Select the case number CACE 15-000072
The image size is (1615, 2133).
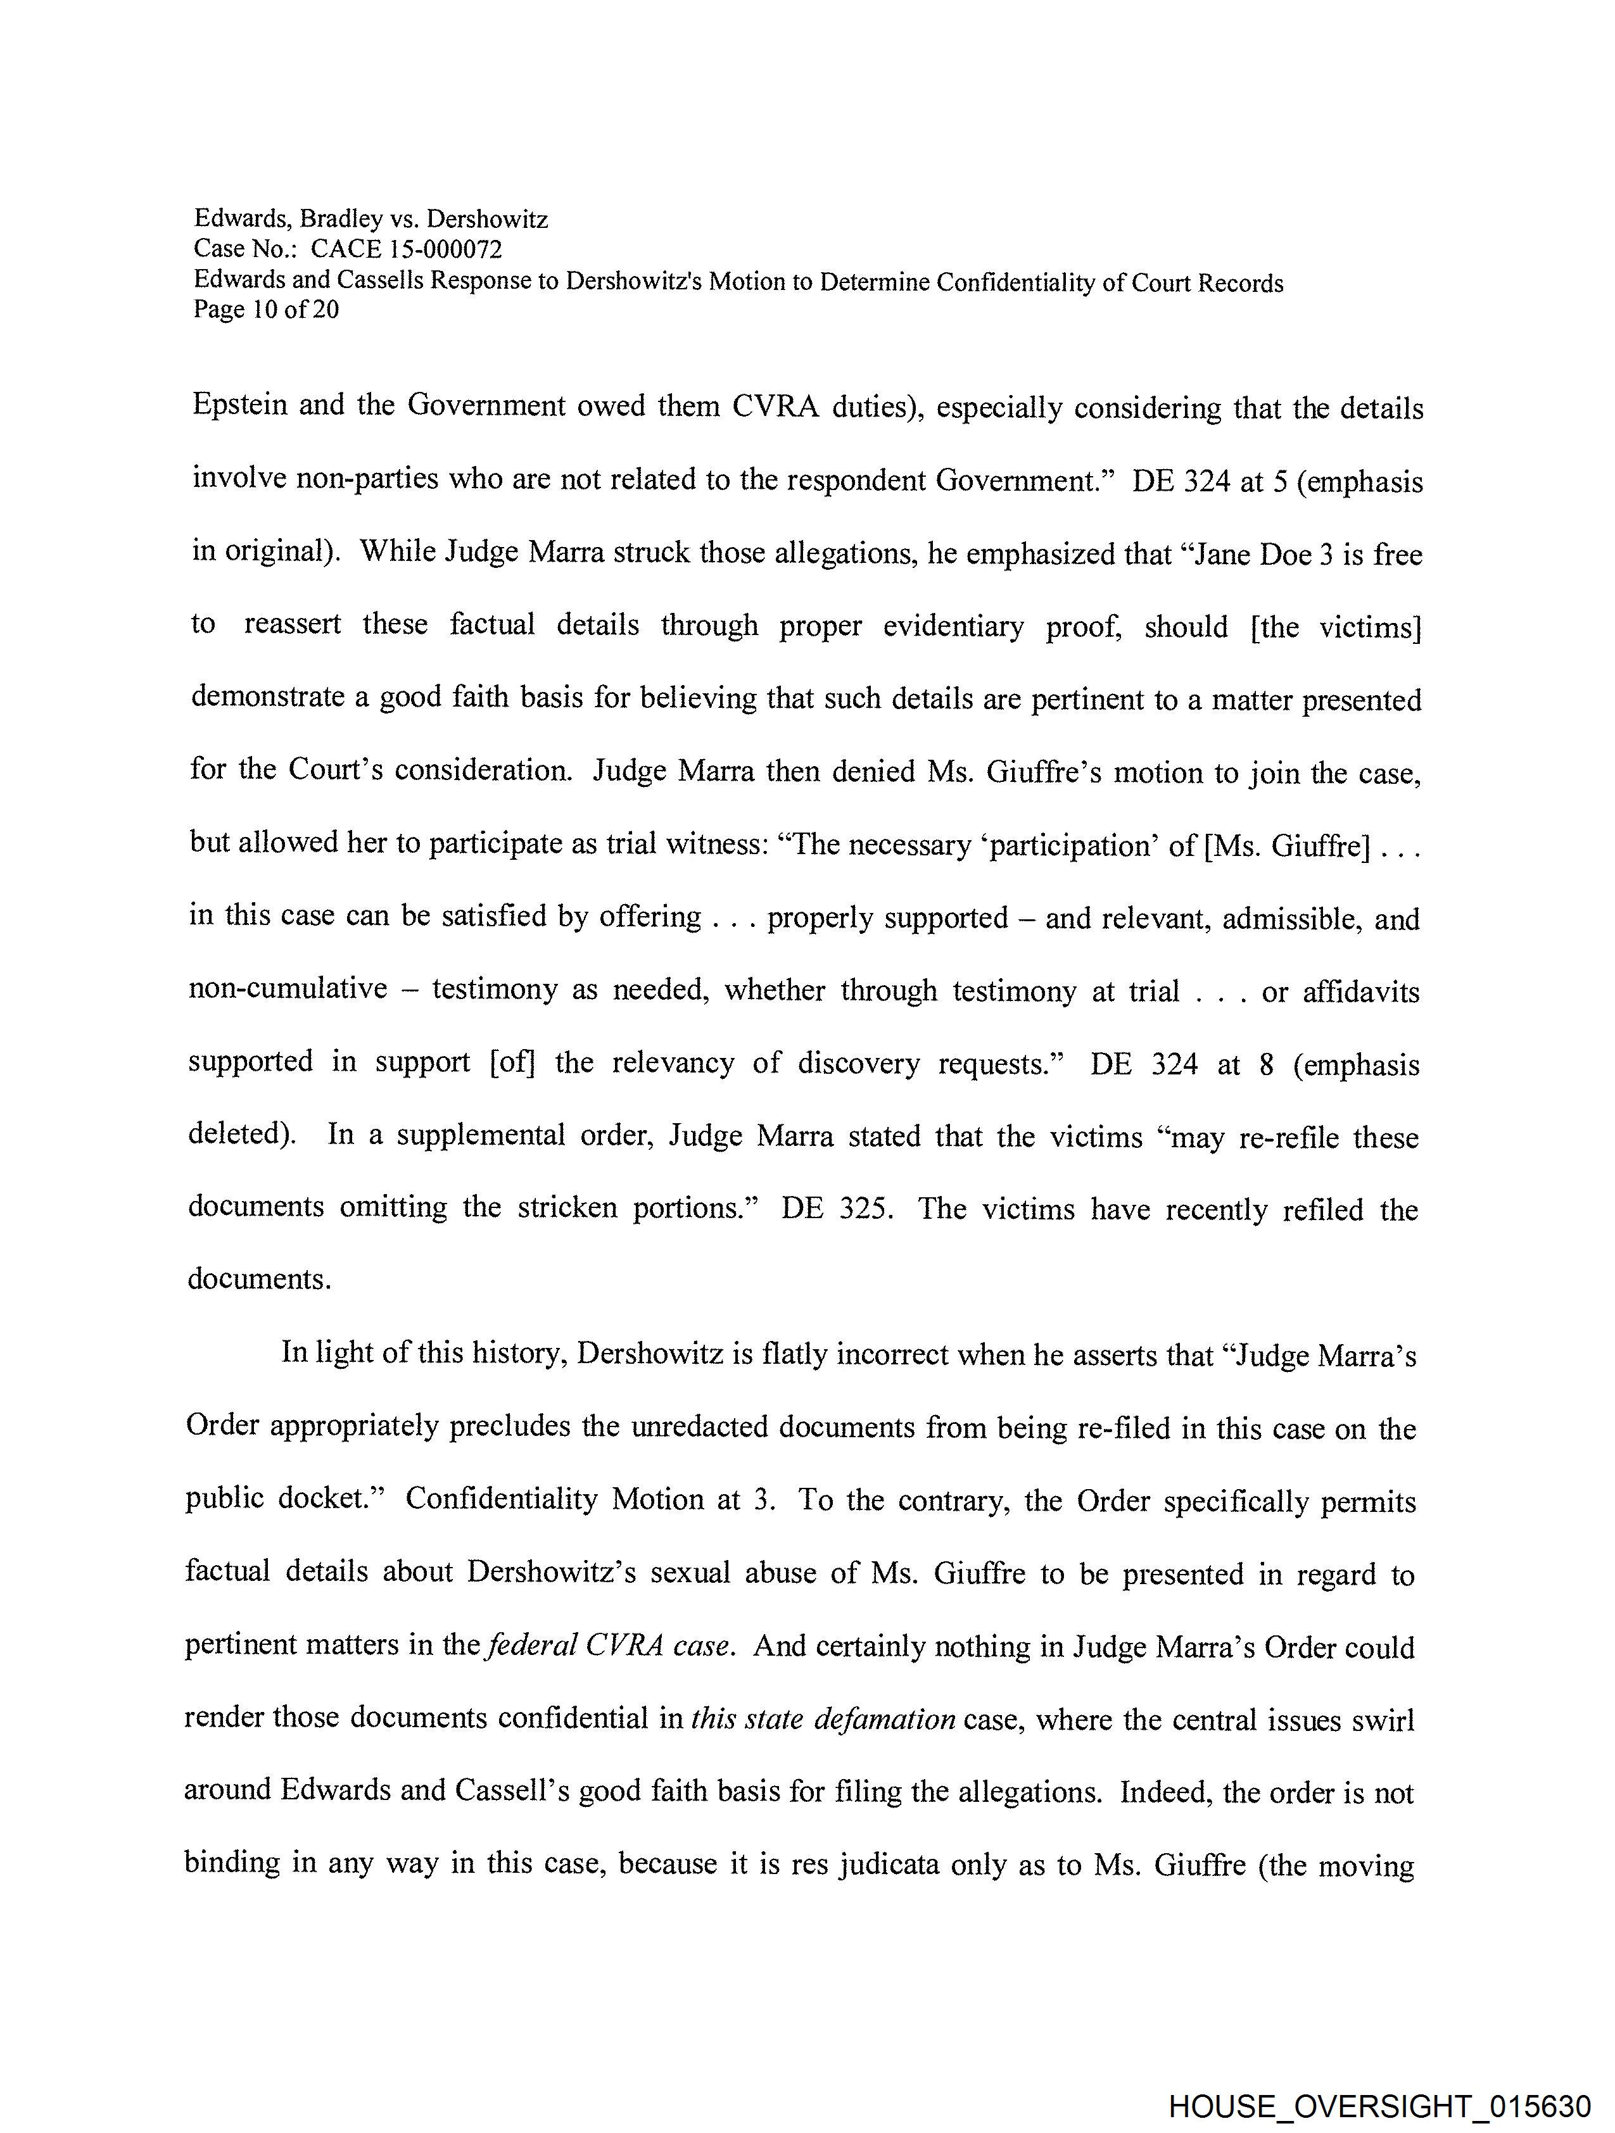click(406, 249)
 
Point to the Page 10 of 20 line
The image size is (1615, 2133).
click(266, 310)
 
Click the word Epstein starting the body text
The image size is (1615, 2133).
click(239, 405)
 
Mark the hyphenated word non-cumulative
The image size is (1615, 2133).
click(288, 990)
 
